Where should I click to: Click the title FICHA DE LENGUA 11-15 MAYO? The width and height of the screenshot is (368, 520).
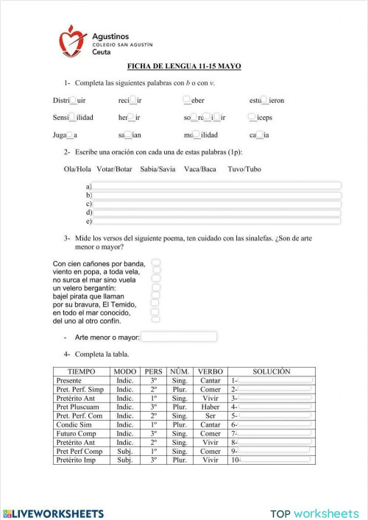[x=184, y=67]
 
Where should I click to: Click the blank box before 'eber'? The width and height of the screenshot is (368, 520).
[x=187, y=100]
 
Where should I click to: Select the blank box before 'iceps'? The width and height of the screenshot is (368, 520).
[x=252, y=117]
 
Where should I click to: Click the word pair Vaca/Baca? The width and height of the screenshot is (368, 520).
[x=200, y=169]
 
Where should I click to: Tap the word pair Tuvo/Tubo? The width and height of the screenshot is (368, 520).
[x=244, y=169]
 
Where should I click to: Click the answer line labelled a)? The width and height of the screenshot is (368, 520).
[x=216, y=185]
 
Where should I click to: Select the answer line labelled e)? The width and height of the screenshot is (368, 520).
[x=216, y=221]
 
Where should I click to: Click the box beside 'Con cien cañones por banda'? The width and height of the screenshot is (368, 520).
[x=156, y=263]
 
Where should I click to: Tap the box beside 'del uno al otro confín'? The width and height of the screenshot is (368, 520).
[x=155, y=320]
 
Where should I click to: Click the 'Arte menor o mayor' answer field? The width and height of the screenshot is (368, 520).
[x=179, y=337]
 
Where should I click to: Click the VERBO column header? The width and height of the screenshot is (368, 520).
[x=210, y=372]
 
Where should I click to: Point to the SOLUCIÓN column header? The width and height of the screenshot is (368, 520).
[x=271, y=372]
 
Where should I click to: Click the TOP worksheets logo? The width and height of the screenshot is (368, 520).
[x=314, y=513]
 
